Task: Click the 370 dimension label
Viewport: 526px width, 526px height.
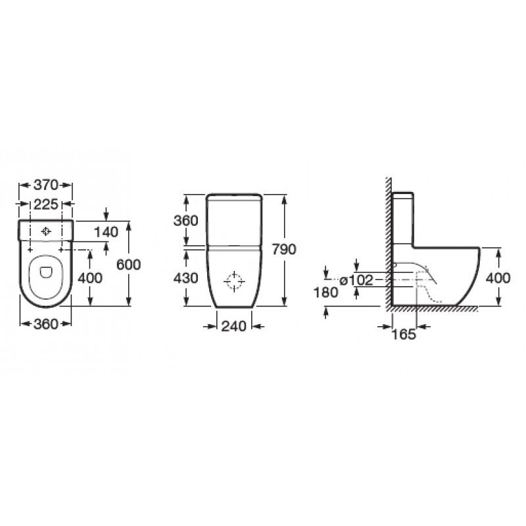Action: (45, 185)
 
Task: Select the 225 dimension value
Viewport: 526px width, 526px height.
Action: (46, 204)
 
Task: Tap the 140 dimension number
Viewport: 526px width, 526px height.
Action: (106, 232)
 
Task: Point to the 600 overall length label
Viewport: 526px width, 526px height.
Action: (128, 265)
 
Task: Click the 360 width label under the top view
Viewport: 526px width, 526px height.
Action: (46, 324)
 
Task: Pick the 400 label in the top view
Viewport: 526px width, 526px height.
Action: (90, 277)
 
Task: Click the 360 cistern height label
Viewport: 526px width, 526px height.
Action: (186, 220)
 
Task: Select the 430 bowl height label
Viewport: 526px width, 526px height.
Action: (186, 277)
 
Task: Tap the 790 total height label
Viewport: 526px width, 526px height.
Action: (284, 249)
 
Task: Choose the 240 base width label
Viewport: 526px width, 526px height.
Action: (233, 326)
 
